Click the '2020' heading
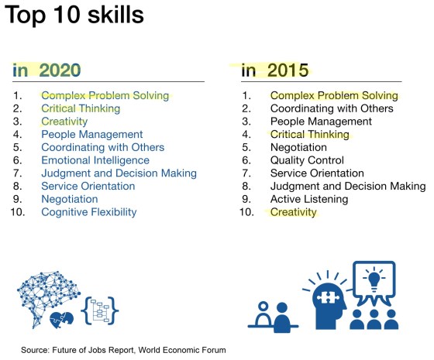pos(60,70)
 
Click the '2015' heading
pos(288,70)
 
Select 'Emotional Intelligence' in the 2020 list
pos(95,160)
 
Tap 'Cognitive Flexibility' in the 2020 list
pos(88,212)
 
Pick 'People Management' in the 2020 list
pos(91,134)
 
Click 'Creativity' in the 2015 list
pos(293,212)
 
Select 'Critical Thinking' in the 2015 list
pos(309,134)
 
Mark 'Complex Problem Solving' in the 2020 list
pos(105,95)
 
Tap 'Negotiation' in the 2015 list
pos(298,147)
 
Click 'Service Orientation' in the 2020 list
pos(88,186)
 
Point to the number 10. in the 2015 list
pos(247,212)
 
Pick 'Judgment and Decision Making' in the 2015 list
pos(347,186)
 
